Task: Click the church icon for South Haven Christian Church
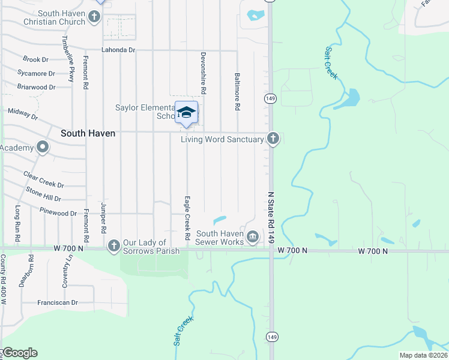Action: point(94,17)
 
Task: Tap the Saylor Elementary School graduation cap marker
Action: point(187,112)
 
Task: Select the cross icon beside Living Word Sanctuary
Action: point(273,139)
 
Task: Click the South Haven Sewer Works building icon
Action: point(253,238)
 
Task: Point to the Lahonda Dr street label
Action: point(118,50)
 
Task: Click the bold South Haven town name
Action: point(88,133)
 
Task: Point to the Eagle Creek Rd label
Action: point(187,216)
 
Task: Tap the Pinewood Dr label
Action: point(58,213)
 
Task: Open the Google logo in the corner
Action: point(20,353)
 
